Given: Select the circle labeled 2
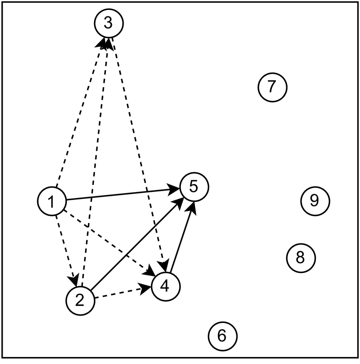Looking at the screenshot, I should pos(80,300).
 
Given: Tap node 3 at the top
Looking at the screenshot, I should pos(109,23).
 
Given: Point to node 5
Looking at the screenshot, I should pos(193,186).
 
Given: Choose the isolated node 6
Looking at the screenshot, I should pos(222,335).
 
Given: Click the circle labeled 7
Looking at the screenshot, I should pos(272,87).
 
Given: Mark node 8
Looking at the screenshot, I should pos(301,258).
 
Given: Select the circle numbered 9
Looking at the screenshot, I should pos(315,200).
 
